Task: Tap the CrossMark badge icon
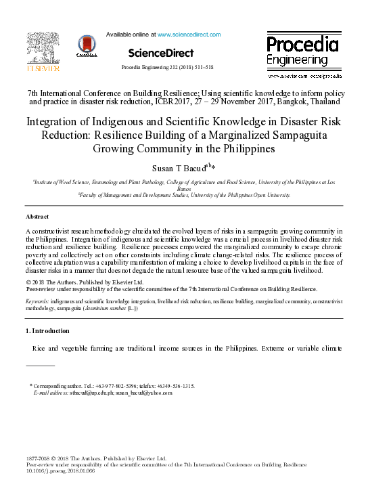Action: (x=87, y=46)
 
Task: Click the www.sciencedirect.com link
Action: (x=189, y=34)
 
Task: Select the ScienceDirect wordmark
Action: (x=160, y=53)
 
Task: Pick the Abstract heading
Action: (x=37, y=216)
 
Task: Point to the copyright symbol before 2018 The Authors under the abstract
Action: (x=28, y=281)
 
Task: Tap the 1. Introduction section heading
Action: (x=47, y=330)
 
